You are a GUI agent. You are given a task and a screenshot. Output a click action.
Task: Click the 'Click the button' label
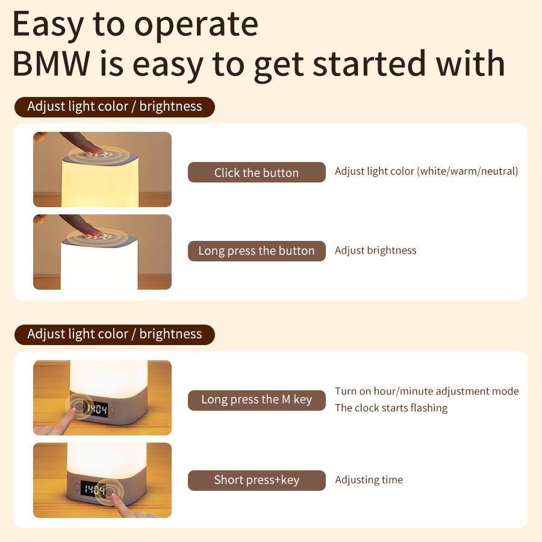[257, 173]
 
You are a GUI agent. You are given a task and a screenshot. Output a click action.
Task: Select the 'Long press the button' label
[257, 251]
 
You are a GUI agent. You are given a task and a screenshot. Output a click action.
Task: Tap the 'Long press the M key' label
[257, 400]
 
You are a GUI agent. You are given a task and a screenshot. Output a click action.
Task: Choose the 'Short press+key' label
[257, 480]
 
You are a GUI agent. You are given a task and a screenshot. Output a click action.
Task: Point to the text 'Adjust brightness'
[375, 251]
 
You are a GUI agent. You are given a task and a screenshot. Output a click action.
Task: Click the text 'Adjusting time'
[369, 480]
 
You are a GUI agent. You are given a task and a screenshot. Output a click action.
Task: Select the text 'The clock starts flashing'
[391, 408]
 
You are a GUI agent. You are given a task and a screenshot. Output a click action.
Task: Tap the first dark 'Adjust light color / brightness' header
[114, 107]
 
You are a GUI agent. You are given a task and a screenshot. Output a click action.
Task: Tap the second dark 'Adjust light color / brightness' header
[114, 334]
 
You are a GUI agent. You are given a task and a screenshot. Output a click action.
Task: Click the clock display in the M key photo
[97, 410]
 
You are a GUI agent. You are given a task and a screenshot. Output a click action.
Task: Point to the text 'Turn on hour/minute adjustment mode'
[426, 391]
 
